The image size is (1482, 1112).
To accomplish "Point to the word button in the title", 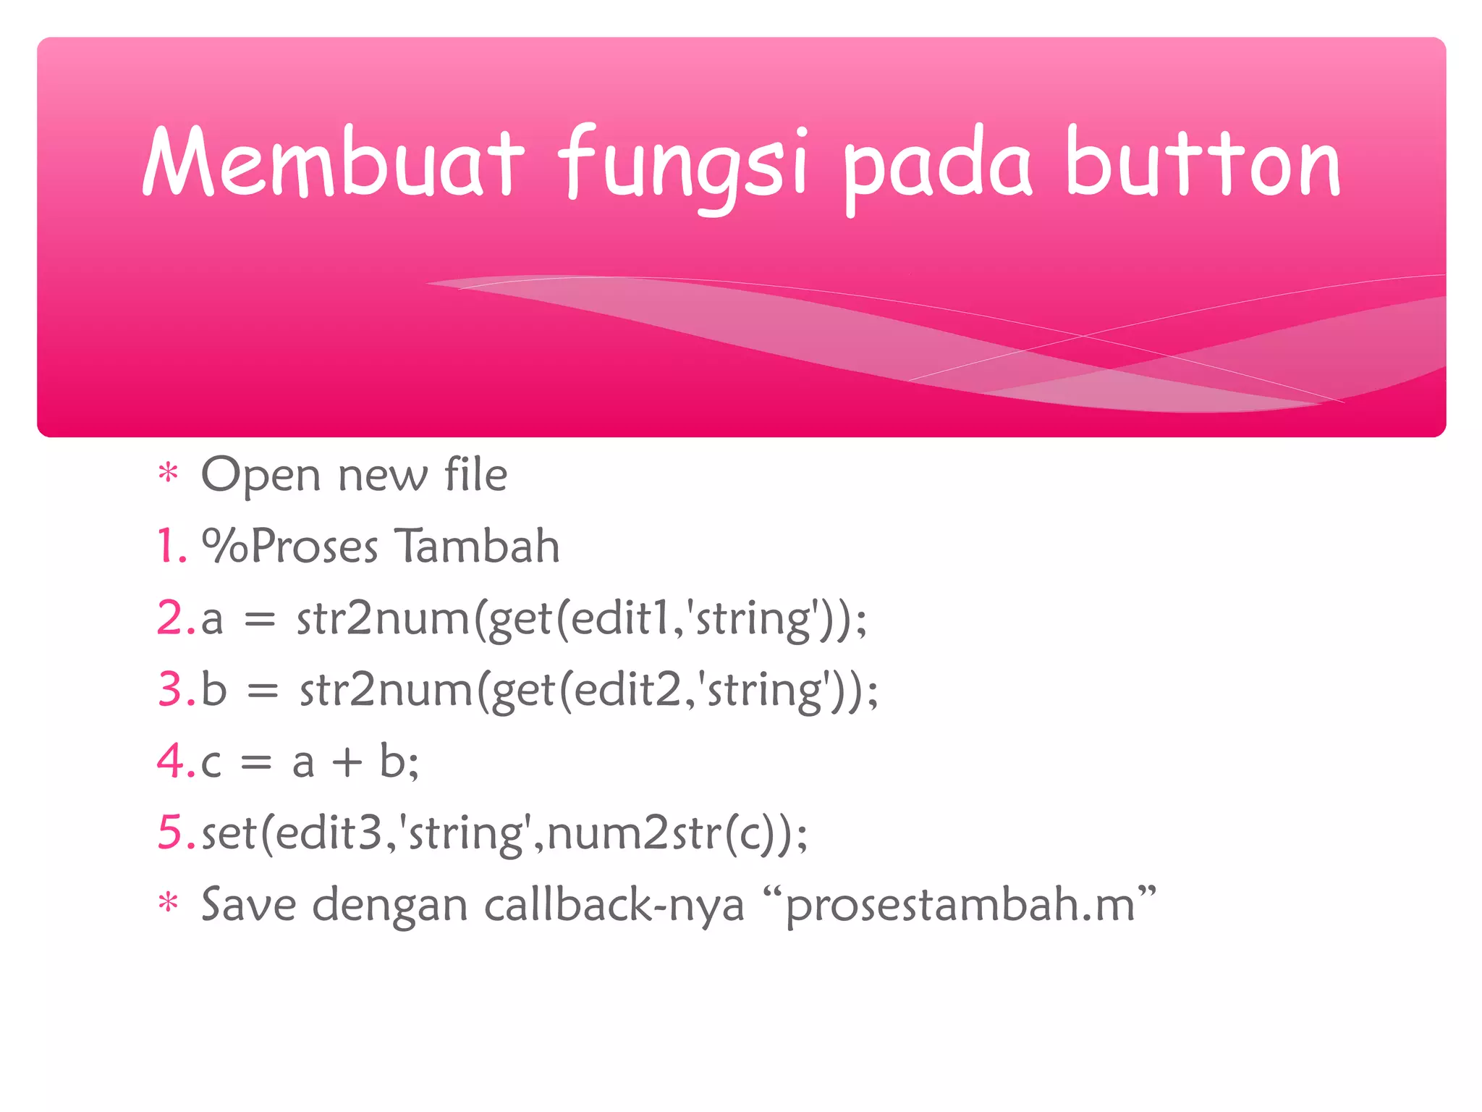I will tap(1203, 163).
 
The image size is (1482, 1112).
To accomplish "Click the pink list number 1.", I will tap(171, 546).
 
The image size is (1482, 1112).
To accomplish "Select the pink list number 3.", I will tap(174, 689).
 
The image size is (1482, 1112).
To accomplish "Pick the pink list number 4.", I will tap(174, 761).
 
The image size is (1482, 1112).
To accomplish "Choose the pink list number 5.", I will tap(174, 833).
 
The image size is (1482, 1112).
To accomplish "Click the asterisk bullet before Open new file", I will tap(168, 474).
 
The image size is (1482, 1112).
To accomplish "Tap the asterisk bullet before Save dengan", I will tap(168, 904).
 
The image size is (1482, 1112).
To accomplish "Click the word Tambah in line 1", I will tap(477, 546).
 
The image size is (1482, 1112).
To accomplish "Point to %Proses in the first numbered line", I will tap(289, 546).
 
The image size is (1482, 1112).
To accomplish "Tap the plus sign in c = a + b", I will tap(347, 762).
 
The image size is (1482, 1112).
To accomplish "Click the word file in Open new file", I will tap(475, 475).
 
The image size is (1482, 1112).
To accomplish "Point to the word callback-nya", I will tap(614, 906).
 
